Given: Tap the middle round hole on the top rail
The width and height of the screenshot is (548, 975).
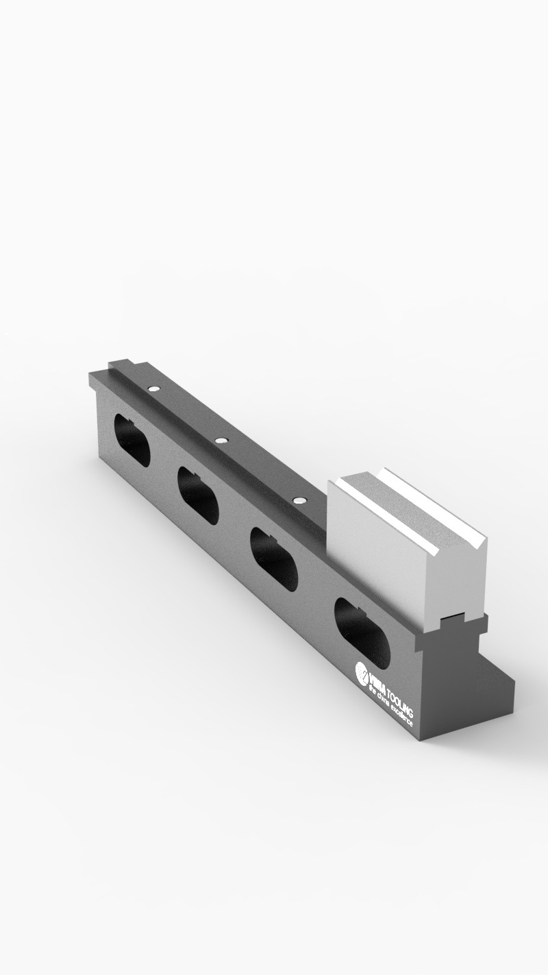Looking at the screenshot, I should [x=221, y=441].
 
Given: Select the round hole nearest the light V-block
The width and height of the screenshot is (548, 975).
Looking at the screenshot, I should [x=298, y=500].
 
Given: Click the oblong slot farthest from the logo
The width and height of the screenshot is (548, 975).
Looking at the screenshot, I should [x=132, y=441].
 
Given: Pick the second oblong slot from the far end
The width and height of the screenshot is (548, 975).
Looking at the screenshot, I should [x=198, y=495].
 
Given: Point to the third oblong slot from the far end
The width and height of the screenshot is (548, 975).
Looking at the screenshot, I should [x=273, y=558].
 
